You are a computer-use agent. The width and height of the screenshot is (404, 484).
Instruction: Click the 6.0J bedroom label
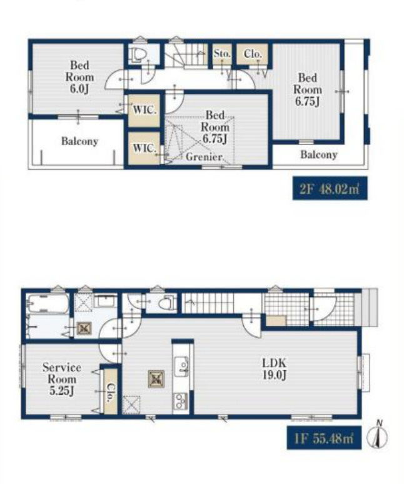pos(79,77)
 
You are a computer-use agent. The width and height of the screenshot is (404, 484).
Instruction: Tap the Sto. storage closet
pos(222,54)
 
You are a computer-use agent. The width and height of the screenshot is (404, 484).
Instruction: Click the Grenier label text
pos(205,157)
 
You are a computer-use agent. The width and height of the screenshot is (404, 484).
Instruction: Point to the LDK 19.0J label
pos(275,368)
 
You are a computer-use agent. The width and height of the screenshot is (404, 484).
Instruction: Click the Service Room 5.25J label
pos(62,379)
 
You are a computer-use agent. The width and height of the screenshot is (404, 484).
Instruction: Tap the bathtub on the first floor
pos(48,304)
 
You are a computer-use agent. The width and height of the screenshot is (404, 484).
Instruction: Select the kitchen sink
pos(181,366)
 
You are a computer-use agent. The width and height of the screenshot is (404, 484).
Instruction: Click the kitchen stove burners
pos(181,401)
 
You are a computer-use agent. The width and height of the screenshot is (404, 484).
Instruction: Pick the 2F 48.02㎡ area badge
pos(330,188)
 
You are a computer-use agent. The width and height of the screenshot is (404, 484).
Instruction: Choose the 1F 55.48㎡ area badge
pos(324,437)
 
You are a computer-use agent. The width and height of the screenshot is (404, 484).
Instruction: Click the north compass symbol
pos(378,435)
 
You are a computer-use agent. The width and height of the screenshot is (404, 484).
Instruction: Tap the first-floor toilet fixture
pos(166,303)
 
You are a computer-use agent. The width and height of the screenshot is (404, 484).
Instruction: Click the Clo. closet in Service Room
pos(110,391)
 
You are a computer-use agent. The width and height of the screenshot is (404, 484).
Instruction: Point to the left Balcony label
pos(79,141)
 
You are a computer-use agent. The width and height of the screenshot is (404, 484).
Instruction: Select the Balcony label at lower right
pos(319,154)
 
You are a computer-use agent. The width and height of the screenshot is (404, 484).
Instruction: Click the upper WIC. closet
pos(144,110)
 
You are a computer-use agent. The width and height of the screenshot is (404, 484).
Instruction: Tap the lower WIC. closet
pos(144,148)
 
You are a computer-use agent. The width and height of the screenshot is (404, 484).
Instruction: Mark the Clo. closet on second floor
pos(252,54)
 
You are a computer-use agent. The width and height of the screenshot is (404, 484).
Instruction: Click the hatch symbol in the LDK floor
pos(156,379)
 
